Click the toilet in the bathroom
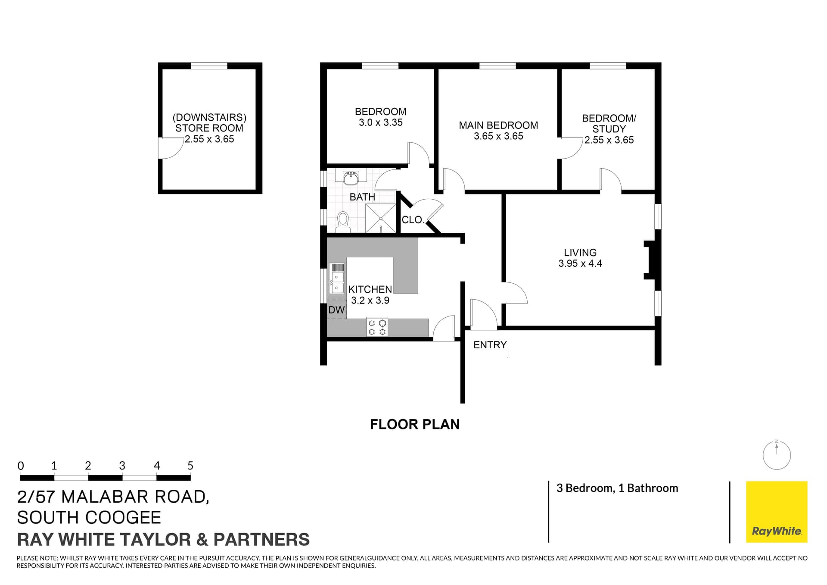[343, 221]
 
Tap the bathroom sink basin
[351, 177]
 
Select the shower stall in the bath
[380, 219]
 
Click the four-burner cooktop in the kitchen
[377, 327]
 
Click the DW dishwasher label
[336, 310]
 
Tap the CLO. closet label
[413, 220]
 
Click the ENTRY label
[490, 345]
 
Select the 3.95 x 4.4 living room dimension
[580, 263]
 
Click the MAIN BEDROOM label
[498, 125]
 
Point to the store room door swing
[169, 148]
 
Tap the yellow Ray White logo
[776, 511]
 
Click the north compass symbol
[776, 455]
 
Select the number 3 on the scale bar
[122, 466]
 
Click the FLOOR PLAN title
[414, 424]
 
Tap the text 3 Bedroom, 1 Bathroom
[617, 488]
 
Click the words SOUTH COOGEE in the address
[89, 517]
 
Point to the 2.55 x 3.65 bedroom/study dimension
[609, 140]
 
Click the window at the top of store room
[209, 66]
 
